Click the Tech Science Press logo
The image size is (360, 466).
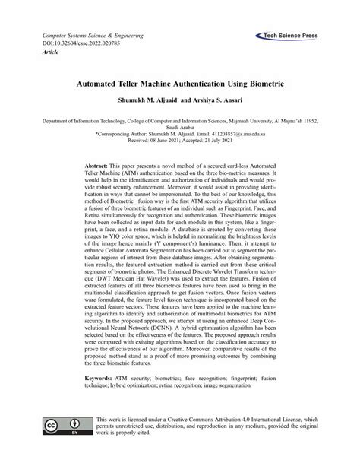pyautogui.click(x=291, y=35)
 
